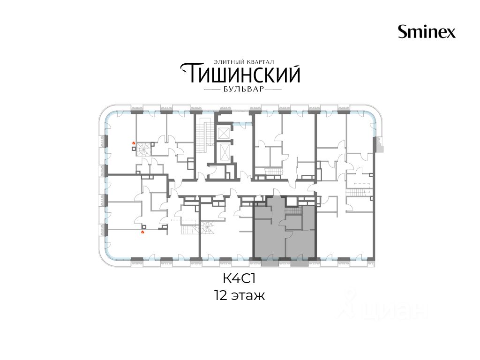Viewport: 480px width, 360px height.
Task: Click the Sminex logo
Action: tap(427, 31)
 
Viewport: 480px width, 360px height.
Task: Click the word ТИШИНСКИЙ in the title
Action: tap(240, 73)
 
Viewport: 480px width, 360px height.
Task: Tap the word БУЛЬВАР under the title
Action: tap(243, 90)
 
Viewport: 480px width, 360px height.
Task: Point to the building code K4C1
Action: tap(239, 279)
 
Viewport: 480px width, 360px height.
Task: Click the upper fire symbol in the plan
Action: tap(134, 142)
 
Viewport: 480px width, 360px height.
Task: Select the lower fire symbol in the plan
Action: tap(142, 232)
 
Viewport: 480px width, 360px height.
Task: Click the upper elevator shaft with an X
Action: tap(223, 133)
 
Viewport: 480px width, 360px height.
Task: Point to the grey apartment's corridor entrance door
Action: tap(277, 193)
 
